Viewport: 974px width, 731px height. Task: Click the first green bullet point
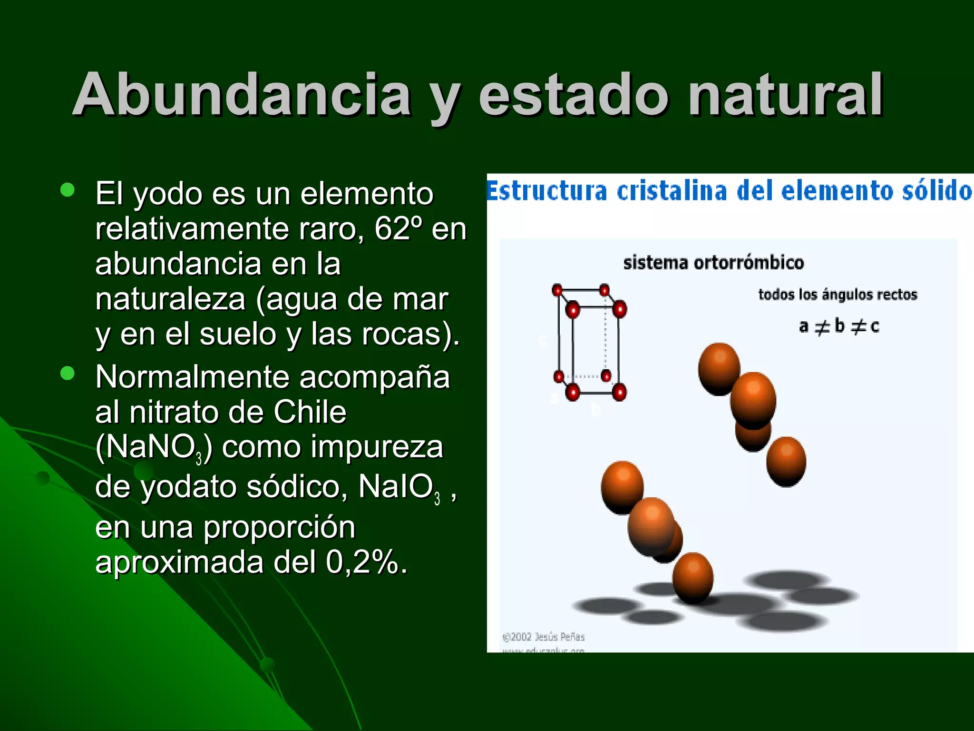[68, 190]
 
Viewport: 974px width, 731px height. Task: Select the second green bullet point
[68, 373]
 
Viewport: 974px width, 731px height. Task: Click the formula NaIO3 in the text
[399, 487]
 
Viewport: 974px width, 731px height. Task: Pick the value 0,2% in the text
[363, 562]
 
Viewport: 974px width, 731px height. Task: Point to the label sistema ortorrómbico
[713, 263]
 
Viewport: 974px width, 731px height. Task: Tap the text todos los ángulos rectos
[838, 295]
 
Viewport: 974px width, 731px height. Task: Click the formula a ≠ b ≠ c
[839, 326]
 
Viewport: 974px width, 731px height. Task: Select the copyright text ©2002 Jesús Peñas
[544, 637]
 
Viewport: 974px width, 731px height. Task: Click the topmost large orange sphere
[719, 368]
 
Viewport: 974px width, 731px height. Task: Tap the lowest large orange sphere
[692, 577]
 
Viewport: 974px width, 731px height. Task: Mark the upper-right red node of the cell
[619, 309]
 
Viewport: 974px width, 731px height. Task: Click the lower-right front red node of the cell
[619, 392]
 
